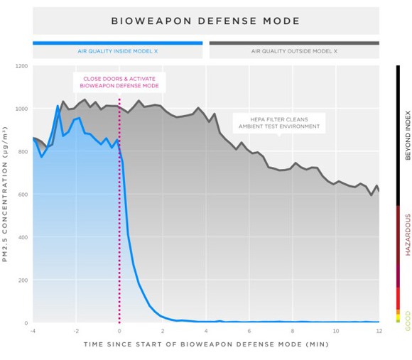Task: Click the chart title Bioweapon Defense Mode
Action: click(x=206, y=21)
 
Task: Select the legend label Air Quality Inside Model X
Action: click(x=118, y=51)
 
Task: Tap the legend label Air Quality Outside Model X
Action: click(x=293, y=51)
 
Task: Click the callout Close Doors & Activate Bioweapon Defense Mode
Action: click(x=119, y=82)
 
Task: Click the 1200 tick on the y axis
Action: click(x=21, y=66)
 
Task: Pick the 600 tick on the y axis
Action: click(x=23, y=195)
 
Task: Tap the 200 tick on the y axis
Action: click(x=23, y=280)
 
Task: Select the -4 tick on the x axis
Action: click(x=33, y=331)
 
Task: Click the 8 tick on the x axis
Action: click(x=293, y=331)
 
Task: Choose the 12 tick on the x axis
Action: click(x=379, y=331)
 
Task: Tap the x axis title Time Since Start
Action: click(x=206, y=344)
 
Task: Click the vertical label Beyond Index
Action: click(x=408, y=134)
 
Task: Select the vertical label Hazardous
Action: click(x=408, y=234)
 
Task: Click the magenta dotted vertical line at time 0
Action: click(x=119, y=213)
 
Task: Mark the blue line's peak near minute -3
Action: click(x=58, y=107)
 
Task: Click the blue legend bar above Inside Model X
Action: click(x=118, y=43)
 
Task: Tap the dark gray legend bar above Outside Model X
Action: click(x=293, y=43)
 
